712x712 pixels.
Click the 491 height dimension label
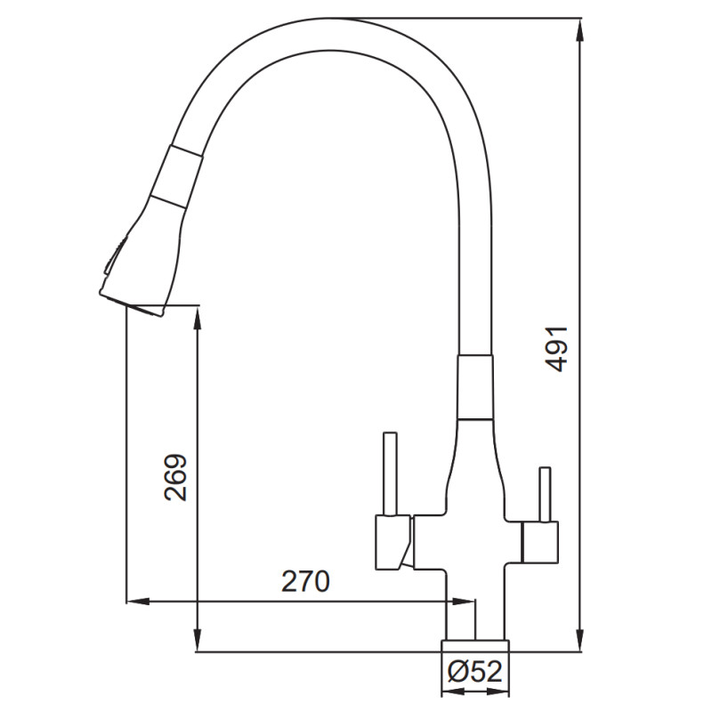[557, 348]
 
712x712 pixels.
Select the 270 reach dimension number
[305, 582]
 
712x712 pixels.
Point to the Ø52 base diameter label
[475, 671]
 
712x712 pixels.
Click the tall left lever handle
[390, 474]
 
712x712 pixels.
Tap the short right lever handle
[545, 494]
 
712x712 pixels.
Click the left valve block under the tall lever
[393, 542]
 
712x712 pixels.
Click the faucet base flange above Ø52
[475, 646]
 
